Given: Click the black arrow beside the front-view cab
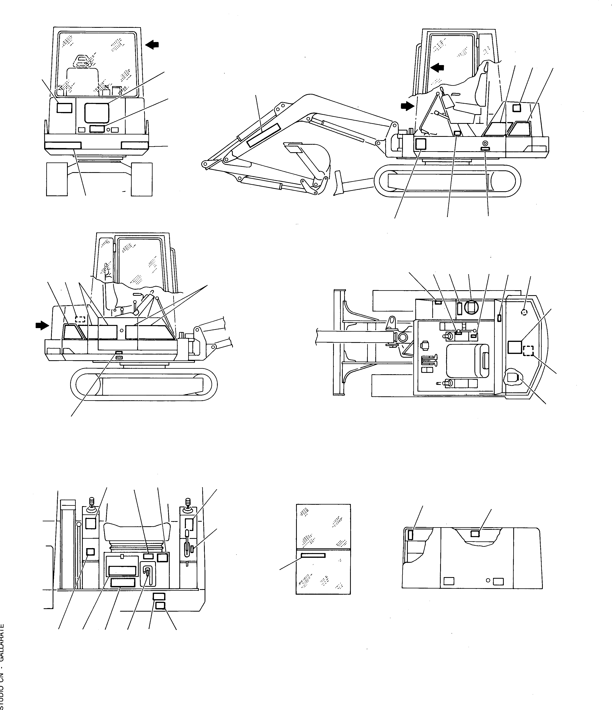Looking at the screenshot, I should (x=152, y=44).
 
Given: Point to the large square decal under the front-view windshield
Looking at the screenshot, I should (x=97, y=113).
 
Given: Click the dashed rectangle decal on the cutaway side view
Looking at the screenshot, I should (x=80, y=319).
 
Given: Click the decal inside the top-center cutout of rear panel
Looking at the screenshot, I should (x=475, y=534).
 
